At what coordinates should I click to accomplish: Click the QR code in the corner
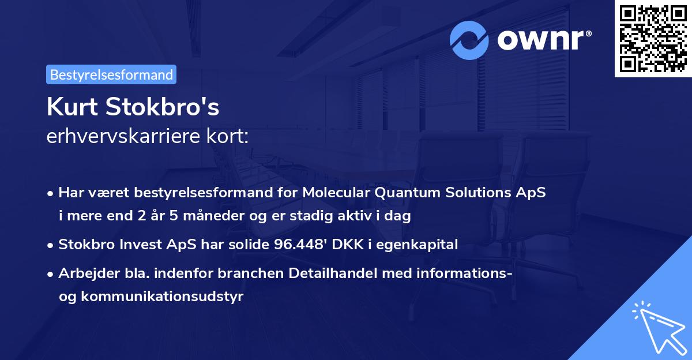(x=653, y=39)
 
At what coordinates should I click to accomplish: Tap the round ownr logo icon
(x=469, y=40)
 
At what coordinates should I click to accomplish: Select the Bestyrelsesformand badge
(x=111, y=74)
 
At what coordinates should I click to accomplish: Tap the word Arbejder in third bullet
(x=85, y=273)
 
